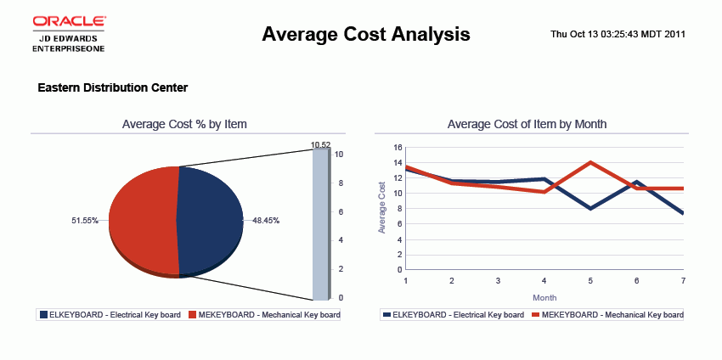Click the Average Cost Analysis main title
(x=366, y=34)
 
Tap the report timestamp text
(x=618, y=34)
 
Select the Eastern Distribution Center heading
(x=113, y=87)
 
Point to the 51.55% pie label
(x=84, y=221)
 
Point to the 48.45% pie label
(x=266, y=221)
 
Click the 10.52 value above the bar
(x=320, y=145)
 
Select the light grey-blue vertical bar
(x=319, y=225)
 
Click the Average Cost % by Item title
(x=184, y=124)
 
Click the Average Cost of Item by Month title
(x=527, y=124)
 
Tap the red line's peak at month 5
(x=589, y=162)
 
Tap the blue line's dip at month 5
(x=589, y=208)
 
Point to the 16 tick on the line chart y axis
(x=398, y=147)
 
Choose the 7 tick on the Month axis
(x=682, y=280)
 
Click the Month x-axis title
(x=544, y=298)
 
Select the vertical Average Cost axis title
(x=382, y=208)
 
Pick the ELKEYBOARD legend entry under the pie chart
(x=110, y=315)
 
